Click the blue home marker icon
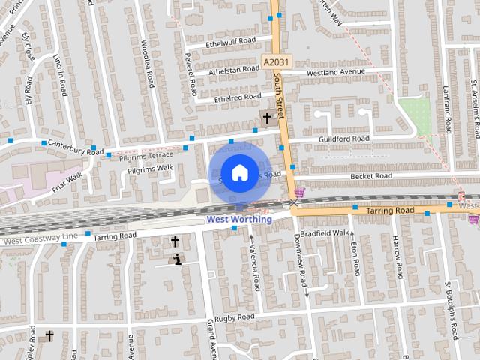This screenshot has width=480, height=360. click(x=239, y=172)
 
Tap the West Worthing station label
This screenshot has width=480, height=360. click(x=239, y=220)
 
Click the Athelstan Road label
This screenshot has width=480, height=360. click(x=234, y=70)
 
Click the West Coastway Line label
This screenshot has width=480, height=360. click(x=39, y=239)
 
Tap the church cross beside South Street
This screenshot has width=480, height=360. click(x=266, y=118)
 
